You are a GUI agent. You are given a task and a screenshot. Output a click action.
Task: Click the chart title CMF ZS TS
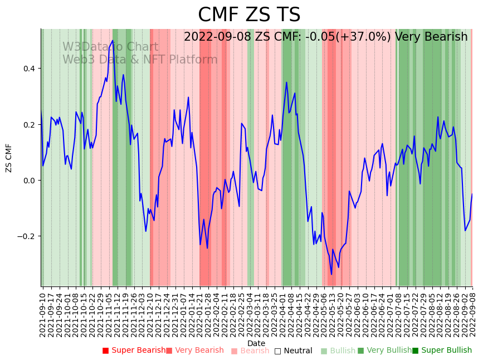(249, 15)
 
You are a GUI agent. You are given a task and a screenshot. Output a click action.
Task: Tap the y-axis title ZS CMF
(9, 158)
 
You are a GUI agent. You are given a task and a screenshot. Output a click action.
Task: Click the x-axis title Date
(256, 343)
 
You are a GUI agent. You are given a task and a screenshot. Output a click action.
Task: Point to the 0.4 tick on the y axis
(27, 69)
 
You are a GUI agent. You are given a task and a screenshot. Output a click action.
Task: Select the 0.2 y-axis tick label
(27, 124)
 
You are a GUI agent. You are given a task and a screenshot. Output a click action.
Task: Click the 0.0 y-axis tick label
(27, 180)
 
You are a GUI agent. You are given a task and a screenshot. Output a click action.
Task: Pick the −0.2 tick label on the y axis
(25, 236)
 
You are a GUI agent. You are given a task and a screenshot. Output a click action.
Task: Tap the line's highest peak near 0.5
(113, 40)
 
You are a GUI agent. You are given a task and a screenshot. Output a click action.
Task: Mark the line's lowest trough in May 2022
(331, 274)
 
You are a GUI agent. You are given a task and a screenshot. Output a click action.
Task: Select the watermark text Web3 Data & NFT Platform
(140, 60)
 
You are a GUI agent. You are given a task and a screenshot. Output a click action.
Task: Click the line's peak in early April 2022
(286, 82)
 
